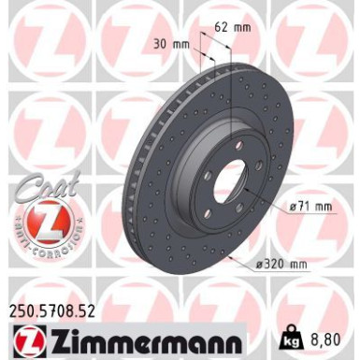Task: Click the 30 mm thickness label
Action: pyautogui.click(x=169, y=42)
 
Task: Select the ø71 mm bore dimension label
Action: pyautogui.click(x=310, y=207)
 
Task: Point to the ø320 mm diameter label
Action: pyautogui.click(x=281, y=265)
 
